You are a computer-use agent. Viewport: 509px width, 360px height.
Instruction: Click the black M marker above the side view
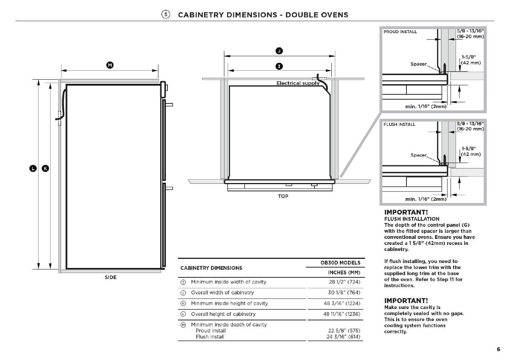[110, 65]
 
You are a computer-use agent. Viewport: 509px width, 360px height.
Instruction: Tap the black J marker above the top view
[279, 51]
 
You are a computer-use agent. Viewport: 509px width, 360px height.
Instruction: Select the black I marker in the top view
[279, 66]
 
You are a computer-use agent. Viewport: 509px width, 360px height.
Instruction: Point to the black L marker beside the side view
[33, 169]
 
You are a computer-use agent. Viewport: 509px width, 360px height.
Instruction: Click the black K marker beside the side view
[46, 169]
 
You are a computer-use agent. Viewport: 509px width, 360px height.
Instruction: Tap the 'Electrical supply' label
[298, 83]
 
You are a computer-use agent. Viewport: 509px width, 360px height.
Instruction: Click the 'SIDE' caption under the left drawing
[111, 277]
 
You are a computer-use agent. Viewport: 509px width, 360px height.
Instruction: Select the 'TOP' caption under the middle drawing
[283, 196]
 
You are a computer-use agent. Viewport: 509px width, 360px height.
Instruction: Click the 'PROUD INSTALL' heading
[400, 32]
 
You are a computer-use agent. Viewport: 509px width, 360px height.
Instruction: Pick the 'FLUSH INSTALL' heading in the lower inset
[400, 125]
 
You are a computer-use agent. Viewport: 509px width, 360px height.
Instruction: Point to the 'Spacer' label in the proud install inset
[419, 64]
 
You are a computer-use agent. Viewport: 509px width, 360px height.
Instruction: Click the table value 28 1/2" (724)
[345, 282]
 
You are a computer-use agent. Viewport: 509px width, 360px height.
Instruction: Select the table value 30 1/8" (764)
[344, 293]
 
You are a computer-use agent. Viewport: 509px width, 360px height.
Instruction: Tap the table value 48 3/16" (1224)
[342, 303]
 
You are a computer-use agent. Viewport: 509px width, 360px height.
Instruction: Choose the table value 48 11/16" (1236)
[342, 314]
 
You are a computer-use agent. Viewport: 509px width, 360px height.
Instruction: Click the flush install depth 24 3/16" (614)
[343, 337]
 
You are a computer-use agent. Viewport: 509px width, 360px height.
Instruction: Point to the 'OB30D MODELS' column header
[340, 263]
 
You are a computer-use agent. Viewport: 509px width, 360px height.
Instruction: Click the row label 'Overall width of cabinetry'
[222, 293]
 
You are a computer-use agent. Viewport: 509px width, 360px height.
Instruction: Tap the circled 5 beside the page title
[166, 15]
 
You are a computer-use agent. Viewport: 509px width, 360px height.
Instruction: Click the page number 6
[498, 349]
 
